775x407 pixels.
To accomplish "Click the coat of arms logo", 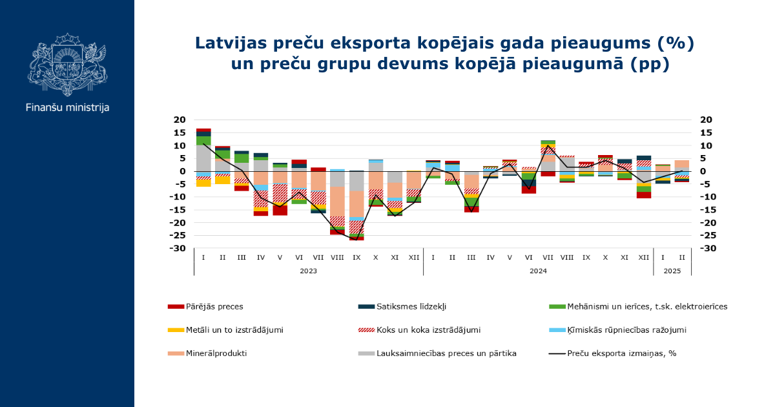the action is (67, 65).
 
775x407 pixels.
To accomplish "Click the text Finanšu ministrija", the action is (67, 108).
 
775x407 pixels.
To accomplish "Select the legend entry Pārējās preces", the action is (205, 307).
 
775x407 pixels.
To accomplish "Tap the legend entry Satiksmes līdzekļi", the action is (402, 307).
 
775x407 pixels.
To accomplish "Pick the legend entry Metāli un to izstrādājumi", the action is (225, 330).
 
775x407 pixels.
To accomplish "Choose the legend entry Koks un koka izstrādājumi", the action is (419, 330).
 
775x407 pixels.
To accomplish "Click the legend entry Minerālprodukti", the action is (207, 353).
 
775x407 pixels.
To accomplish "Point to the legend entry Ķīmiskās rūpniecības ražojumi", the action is (617, 330).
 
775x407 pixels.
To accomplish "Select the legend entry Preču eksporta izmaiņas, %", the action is (613, 353).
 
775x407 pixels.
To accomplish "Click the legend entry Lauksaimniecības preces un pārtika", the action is (437, 353).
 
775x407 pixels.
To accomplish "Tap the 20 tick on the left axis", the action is (180, 120).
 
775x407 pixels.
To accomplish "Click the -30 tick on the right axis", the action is (706, 249).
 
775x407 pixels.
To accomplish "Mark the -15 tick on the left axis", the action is (178, 210).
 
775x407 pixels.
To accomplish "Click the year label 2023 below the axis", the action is (308, 271).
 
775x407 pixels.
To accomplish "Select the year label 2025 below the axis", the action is (672, 271).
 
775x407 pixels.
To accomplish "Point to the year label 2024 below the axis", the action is (538, 271).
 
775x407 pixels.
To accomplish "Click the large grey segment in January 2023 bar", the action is (203, 158).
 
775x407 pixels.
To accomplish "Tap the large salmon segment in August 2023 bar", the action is (337, 202).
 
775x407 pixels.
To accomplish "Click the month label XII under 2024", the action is (643, 258).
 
